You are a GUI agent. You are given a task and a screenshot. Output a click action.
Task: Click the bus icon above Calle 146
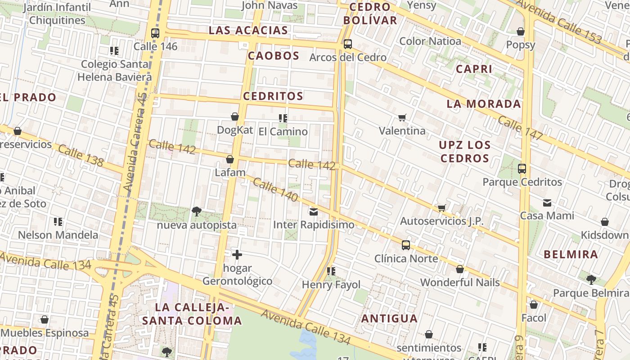pos(155,33)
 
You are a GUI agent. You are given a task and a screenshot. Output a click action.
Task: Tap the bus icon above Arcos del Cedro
pos(347,44)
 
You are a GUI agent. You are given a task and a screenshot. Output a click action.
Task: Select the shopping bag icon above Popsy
pos(521,31)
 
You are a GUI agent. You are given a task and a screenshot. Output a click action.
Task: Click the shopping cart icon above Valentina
pos(402,117)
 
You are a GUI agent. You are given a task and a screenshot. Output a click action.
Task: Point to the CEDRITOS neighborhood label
pos(273,96)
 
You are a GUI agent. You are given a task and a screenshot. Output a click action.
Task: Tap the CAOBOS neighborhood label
pos(274,56)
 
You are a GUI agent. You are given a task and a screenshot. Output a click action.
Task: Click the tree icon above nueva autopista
pos(196,211)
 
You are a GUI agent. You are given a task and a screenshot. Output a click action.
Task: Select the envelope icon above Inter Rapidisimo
pos(314,211)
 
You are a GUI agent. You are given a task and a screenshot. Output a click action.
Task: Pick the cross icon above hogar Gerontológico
pos(237,255)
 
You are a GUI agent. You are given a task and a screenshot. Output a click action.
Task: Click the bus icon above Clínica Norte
pos(406,245)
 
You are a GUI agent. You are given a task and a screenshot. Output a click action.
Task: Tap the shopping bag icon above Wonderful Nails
pos(460,269)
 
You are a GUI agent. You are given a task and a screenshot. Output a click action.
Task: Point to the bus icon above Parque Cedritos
pos(522,169)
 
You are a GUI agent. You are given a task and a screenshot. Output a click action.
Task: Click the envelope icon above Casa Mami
pos(547,202)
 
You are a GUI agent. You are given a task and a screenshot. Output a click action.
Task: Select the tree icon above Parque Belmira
pos(591,280)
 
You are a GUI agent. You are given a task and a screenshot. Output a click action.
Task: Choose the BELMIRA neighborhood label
pos(571,254)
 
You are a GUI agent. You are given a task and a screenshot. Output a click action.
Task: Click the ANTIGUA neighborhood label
pos(390,319)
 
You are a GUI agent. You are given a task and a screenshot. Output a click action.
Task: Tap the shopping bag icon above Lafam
pos(230,159)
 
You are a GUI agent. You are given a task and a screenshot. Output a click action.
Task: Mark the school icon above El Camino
pos(283,118)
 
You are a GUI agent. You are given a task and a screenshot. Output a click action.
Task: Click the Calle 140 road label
pos(275,189)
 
